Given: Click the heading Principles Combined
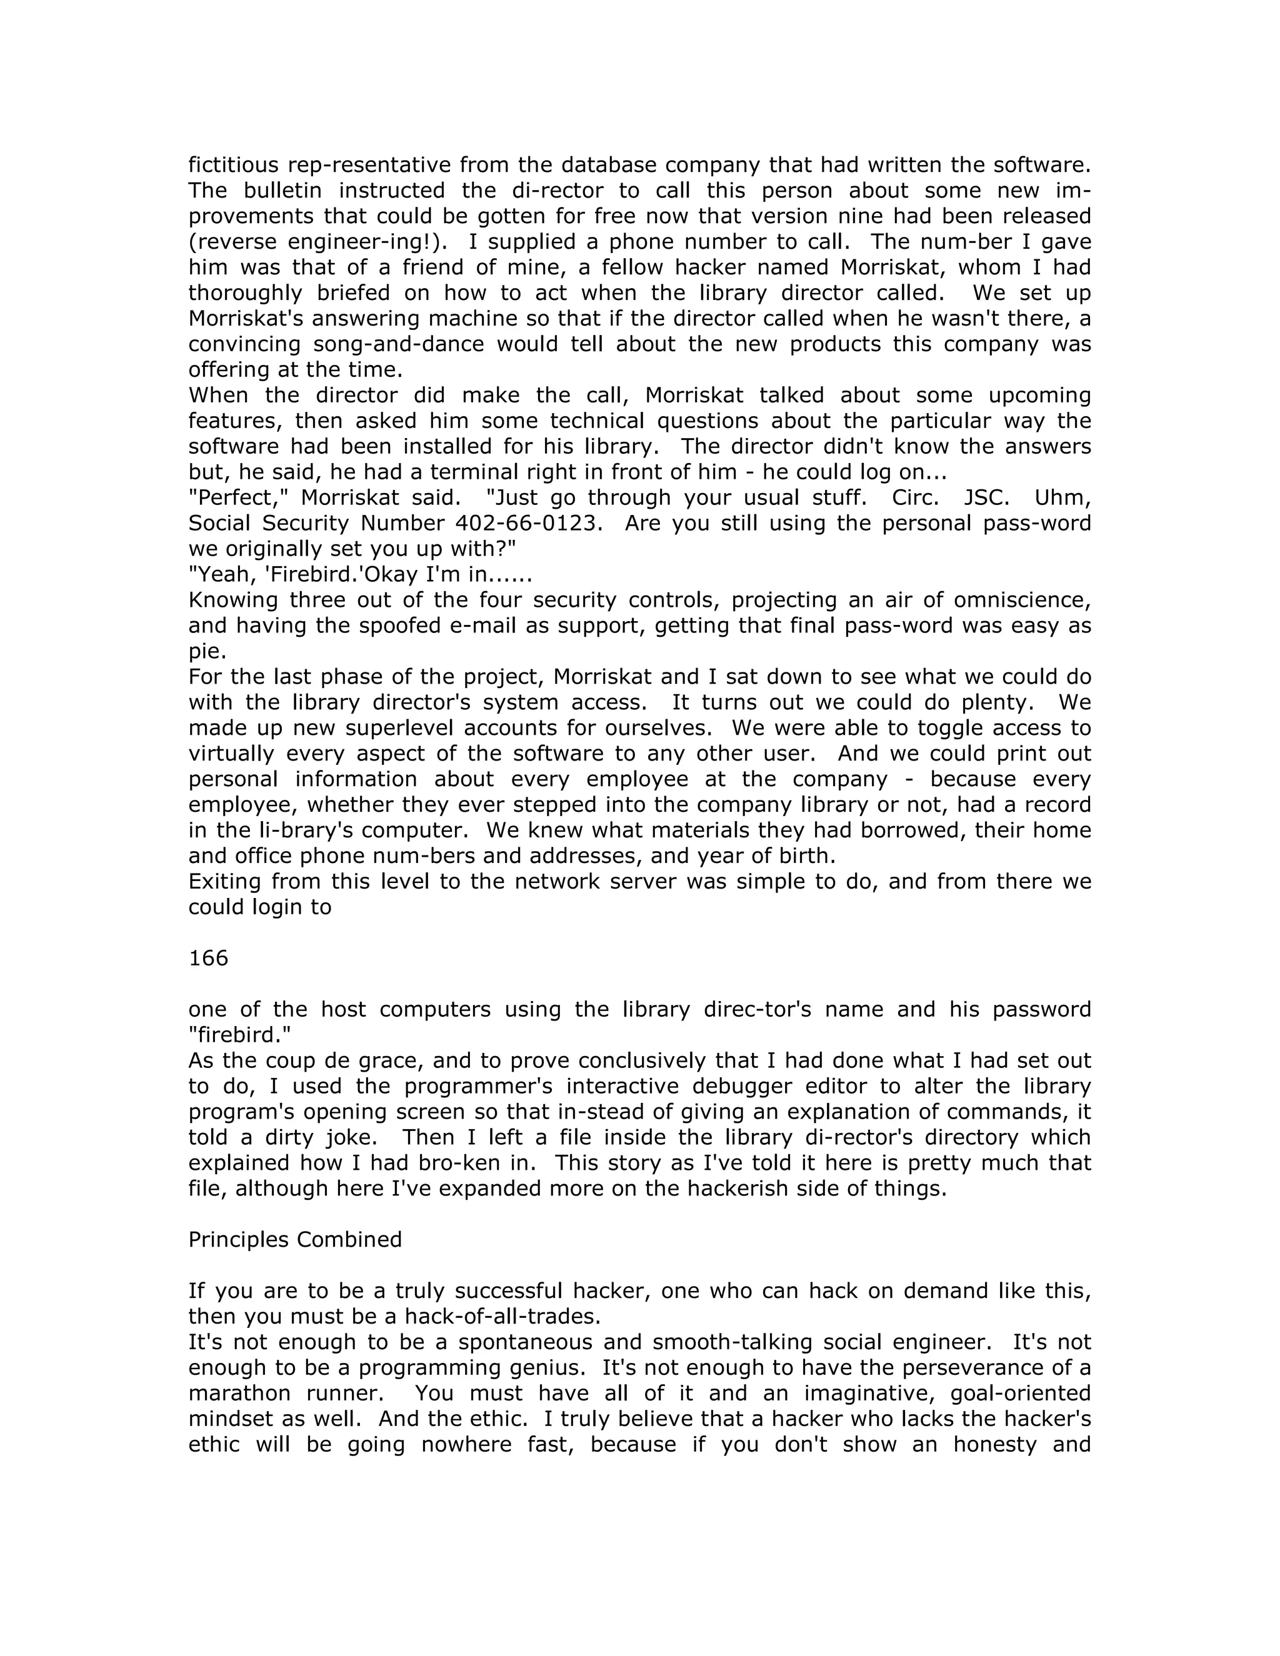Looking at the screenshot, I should pyautogui.click(x=295, y=1239).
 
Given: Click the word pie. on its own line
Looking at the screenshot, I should pyautogui.click(x=207, y=651).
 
